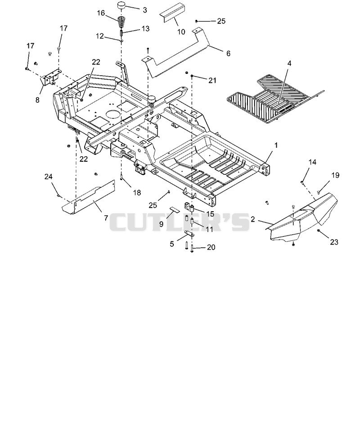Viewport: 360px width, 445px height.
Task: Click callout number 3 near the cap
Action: pyautogui.click(x=145, y=10)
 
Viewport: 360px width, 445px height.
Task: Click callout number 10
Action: pyautogui.click(x=181, y=32)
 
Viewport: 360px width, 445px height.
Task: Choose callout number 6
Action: pyautogui.click(x=228, y=53)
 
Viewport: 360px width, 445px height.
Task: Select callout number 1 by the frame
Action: pyautogui.click(x=276, y=145)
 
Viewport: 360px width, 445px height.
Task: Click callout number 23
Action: pyautogui.click(x=334, y=242)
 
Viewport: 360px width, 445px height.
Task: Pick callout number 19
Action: pyautogui.click(x=335, y=175)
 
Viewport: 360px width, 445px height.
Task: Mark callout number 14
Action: pyautogui.click(x=312, y=162)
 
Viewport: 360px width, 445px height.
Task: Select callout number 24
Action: pyautogui.click(x=49, y=177)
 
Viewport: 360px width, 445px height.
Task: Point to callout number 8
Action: pyautogui.click(x=37, y=100)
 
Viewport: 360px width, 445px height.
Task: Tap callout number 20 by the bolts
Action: pyautogui.click(x=211, y=247)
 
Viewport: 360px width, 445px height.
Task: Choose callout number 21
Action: pyautogui.click(x=212, y=81)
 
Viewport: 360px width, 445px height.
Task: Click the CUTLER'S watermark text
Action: pyautogui.click(x=179, y=222)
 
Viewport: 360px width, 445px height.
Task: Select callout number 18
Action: pyautogui.click(x=137, y=193)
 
